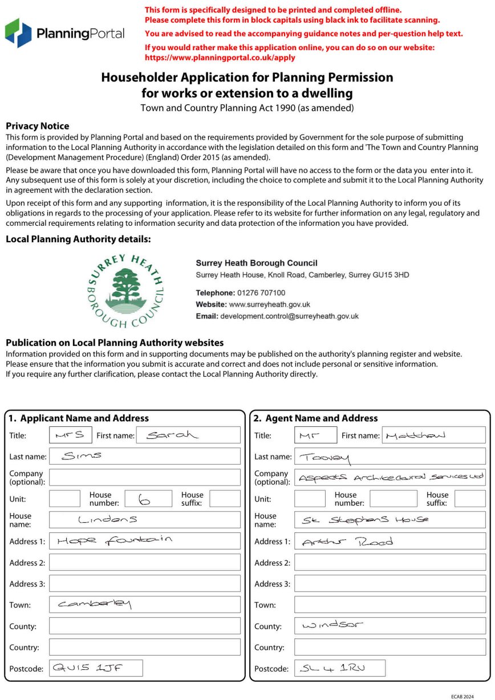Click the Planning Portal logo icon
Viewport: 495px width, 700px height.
point(18,32)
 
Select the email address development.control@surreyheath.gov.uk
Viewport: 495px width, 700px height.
point(289,316)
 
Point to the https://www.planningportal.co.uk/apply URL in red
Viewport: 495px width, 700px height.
point(220,58)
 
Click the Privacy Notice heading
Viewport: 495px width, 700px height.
point(37,126)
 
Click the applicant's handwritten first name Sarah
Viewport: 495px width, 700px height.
point(171,436)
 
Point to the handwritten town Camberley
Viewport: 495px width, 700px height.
point(95,604)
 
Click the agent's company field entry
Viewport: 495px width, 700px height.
point(391,478)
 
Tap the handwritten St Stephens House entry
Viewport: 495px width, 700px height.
point(365,520)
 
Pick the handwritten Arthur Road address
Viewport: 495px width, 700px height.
point(347,542)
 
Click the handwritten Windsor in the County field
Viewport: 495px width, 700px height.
point(332,625)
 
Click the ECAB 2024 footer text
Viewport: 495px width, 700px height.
point(462,697)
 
